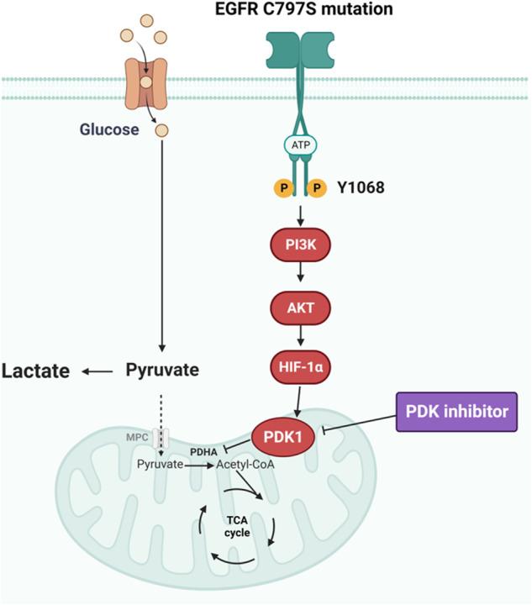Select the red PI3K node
[298, 250]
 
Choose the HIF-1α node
[298, 369]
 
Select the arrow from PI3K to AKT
[298, 279]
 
